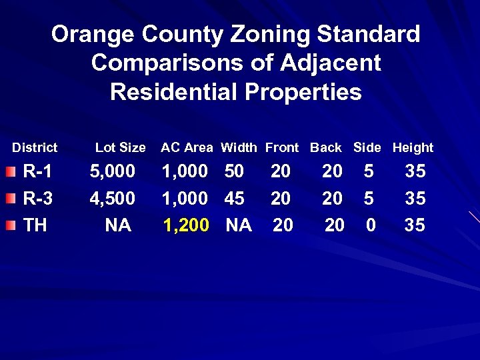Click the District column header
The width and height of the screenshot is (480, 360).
35,148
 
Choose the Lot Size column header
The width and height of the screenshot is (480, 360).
120,148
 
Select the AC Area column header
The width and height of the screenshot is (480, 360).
187,148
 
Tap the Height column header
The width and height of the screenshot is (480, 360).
413,148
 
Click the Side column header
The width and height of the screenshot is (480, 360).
367,148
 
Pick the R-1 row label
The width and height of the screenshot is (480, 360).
37,172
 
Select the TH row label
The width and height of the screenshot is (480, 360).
35,225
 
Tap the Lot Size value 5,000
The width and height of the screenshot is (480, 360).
113,172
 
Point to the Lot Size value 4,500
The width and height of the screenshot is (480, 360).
113,199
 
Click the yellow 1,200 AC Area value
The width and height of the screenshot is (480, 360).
186,225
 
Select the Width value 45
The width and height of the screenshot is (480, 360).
234,199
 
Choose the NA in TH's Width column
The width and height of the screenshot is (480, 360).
239,225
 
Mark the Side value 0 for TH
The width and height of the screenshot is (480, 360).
371,225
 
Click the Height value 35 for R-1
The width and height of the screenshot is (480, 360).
415,172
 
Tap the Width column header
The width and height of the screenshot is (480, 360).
239,148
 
